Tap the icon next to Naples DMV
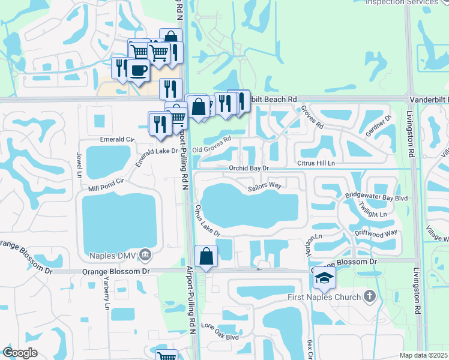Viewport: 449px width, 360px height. (x=145, y=254)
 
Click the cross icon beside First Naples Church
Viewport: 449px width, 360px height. (x=369, y=296)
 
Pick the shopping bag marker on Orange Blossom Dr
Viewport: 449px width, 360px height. (x=206, y=256)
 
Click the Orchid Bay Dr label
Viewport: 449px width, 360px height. (x=249, y=169)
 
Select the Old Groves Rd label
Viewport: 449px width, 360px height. (x=211, y=145)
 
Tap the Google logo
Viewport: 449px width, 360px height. (x=20, y=353)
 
